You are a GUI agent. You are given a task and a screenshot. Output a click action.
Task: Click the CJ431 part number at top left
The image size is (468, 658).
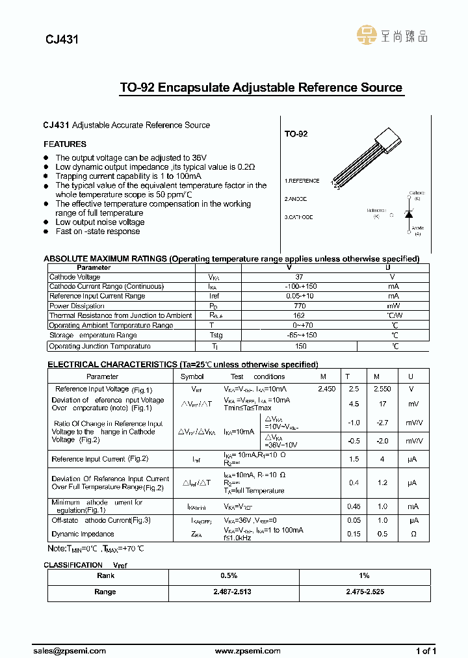tap(62, 39)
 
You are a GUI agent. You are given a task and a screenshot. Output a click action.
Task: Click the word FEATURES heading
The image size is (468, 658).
tap(65, 144)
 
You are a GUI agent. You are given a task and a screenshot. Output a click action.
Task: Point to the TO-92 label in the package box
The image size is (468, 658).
tap(296, 133)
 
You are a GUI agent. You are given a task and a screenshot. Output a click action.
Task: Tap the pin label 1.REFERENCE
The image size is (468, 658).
tap(302, 181)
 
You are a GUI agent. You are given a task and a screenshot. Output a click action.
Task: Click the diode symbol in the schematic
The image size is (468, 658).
tap(409, 213)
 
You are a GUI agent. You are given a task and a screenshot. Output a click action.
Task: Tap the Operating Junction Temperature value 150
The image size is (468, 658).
tap(301, 346)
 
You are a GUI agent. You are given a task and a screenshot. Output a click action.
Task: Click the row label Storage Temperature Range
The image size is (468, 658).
tap(93, 336)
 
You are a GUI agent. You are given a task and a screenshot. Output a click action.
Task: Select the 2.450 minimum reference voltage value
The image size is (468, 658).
tap(326, 388)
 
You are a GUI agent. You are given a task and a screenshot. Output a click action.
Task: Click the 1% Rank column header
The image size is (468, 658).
tap(364, 575)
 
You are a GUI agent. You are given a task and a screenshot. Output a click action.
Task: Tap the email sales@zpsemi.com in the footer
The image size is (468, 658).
tap(69, 650)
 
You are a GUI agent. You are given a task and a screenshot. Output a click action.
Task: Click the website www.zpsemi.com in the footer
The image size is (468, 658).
tap(248, 650)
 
